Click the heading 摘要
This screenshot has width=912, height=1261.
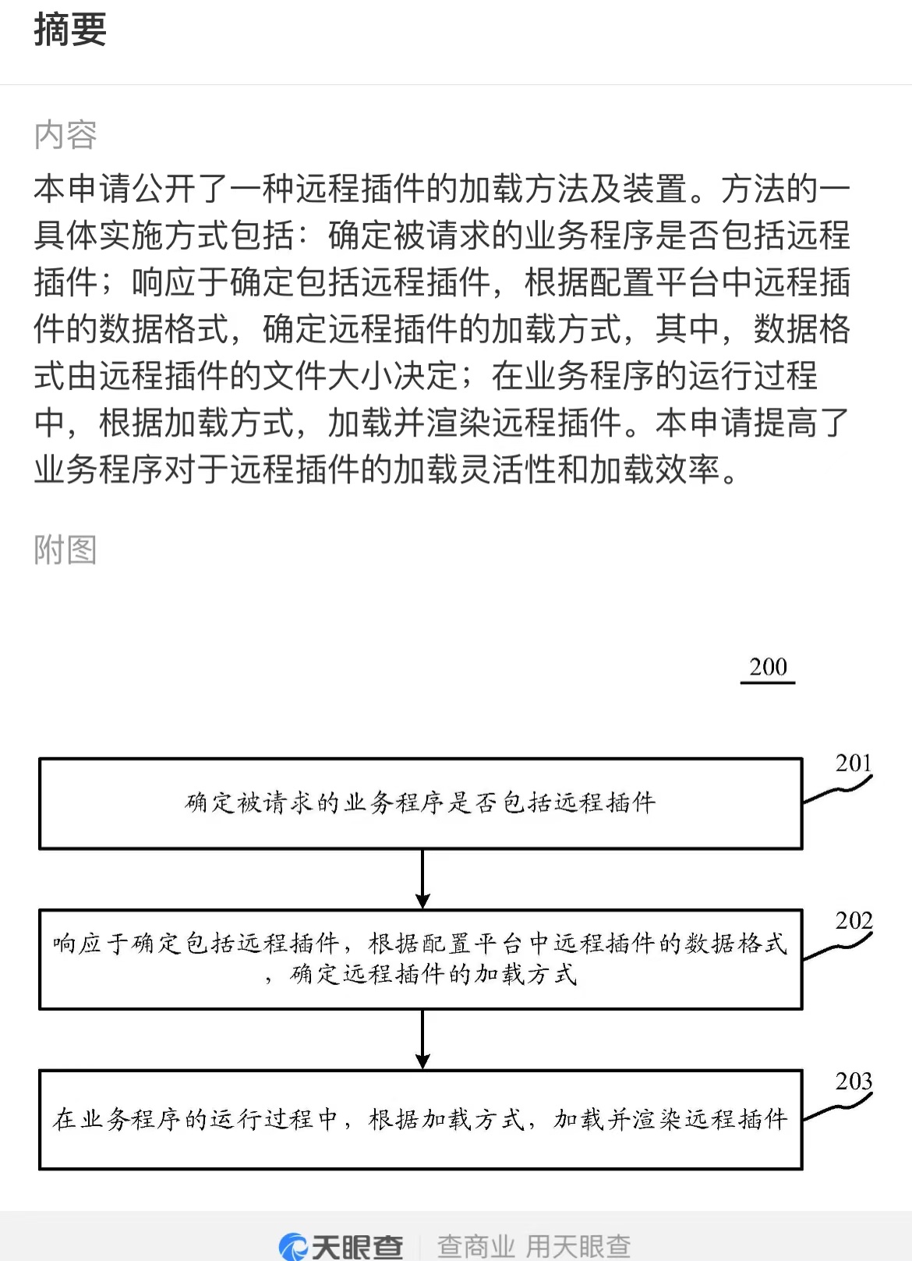coord(70,30)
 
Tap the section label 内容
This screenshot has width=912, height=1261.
coord(65,135)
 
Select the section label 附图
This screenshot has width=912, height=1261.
coord(65,550)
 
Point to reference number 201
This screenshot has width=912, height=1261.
coord(854,763)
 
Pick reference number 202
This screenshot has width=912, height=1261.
coord(854,921)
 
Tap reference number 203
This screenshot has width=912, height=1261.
coord(854,1081)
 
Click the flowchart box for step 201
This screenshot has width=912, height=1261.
coord(420,759)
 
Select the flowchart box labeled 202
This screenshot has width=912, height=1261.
coord(420,910)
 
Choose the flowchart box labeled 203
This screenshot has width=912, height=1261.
coord(420,1071)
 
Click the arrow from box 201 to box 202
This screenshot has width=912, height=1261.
coord(422,879)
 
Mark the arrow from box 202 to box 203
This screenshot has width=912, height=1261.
coord(422,1040)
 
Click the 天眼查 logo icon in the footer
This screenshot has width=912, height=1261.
coord(292,1247)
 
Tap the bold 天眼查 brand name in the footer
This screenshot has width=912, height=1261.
coord(357,1247)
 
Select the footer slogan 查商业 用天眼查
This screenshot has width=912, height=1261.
coord(534,1246)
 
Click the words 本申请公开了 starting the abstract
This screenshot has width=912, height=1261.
coord(131,188)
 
